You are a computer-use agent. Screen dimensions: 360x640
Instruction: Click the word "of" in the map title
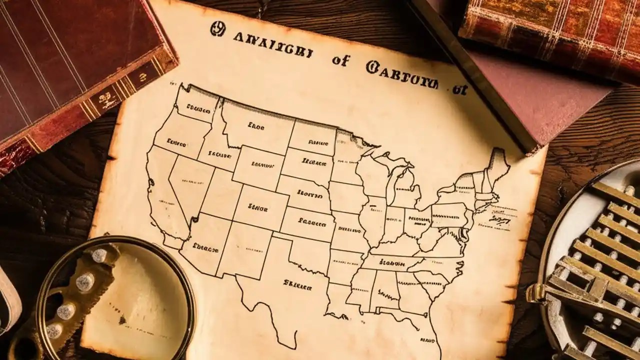pyautogui.click(x=341, y=61)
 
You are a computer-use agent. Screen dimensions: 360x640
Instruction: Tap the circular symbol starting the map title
pyautogui.click(x=217, y=29)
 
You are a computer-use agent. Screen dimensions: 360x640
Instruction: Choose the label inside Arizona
pyautogui.click(x=205, y=246)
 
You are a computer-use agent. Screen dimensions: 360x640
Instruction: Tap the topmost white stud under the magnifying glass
pyautogui.click(x=99, y=255)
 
